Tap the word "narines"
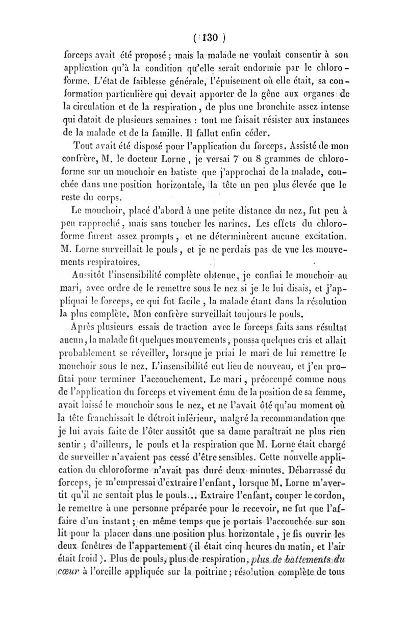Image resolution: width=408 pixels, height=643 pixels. pyautogui.click(x=249, y=223)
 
